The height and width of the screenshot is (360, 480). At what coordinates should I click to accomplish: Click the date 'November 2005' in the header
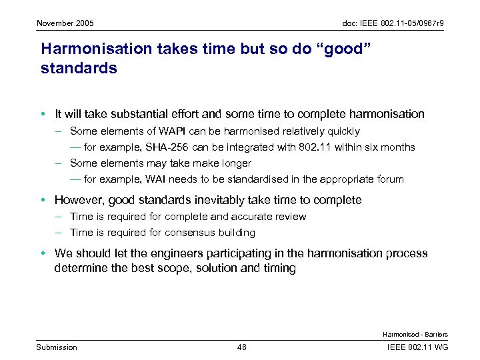click(x=65, y=24)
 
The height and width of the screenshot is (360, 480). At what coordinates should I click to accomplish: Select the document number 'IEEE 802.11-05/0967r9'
click(x=393, y=24)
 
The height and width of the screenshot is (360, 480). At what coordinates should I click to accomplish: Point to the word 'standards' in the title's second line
click(x=79, y=68)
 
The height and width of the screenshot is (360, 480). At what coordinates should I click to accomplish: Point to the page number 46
click(x=241, y=347)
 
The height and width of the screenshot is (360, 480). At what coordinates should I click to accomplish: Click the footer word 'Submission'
click(x=57, y=347)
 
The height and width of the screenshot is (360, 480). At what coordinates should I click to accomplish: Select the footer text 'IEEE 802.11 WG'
click(x=417, y=347)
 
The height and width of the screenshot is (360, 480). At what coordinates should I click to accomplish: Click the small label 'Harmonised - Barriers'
click(x=415, y=334)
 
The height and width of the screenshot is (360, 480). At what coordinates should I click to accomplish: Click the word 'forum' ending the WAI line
click(x=391, y=179)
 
